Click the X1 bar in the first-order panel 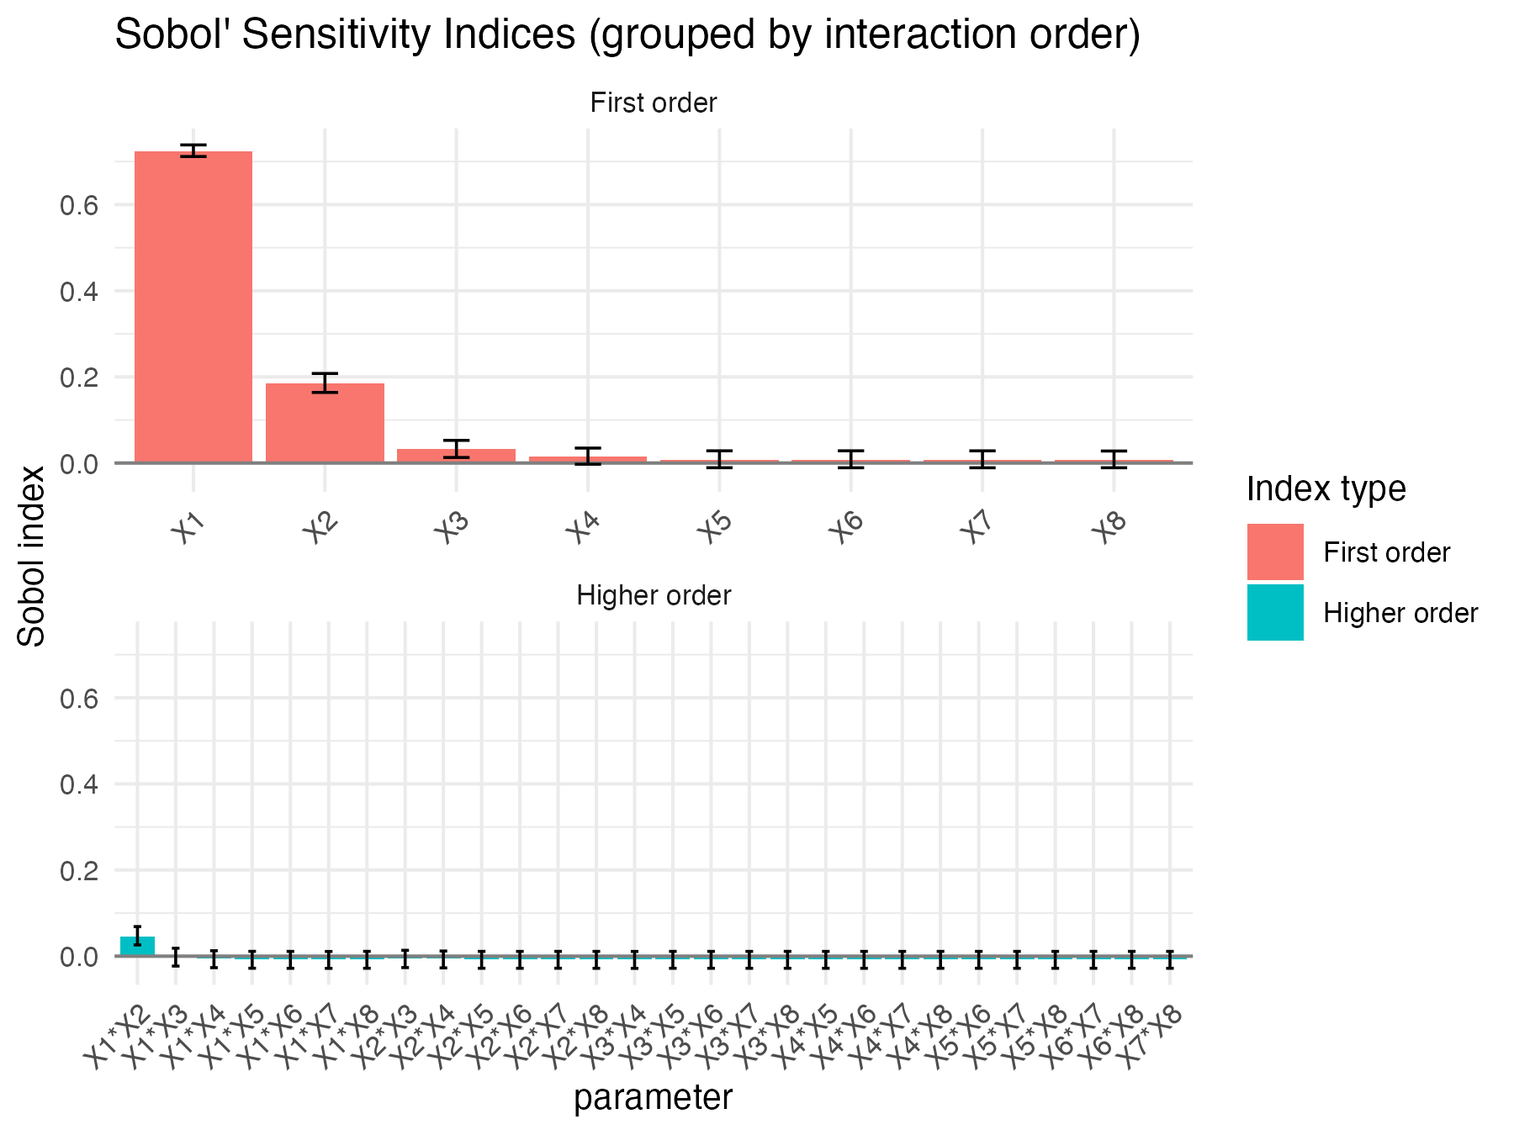pos(193,307)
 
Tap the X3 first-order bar pos(456,455)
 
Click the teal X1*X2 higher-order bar pos(137,946)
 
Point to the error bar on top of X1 pos(193,150)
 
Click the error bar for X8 pos(1114,459)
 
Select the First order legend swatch pos(1275,552)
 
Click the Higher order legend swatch pos(1275,613)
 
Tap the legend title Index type pos(1326,488)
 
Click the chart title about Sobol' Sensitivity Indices pos(627,35)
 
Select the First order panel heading pos(654,103)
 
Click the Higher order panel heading pos(654,596)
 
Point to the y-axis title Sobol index pos(32,557)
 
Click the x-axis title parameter pos(654,1098)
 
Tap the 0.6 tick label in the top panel pos(80,205)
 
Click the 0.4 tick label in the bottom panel pos(80,784)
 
